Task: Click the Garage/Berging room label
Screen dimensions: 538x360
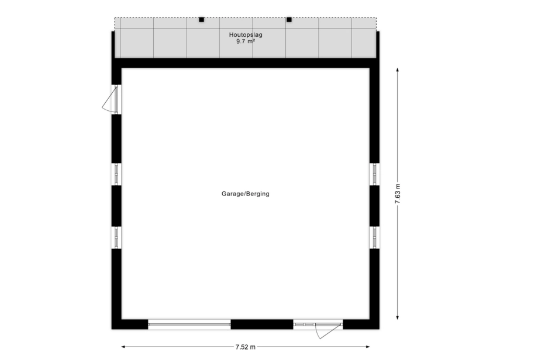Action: click(246, 194)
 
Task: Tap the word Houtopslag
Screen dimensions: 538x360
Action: click(246, 34)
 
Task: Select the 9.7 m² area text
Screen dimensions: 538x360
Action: click(246, 41)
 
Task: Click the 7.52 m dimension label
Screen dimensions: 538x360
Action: click(246, 347)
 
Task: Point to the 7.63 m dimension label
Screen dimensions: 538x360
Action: click(398, 194)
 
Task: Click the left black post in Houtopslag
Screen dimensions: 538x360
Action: click(201, 19)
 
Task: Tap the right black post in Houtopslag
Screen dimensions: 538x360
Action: click(289, 19)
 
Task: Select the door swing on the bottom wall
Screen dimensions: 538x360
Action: click(325, 331)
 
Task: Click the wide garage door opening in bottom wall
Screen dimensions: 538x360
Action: click(189, 324)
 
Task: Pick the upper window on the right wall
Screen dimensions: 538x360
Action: click(375, 174)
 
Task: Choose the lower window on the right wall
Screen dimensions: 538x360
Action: click(375, 237)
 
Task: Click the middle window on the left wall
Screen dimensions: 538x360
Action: click(116, 174)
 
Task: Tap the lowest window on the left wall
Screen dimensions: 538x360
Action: click(116, 237)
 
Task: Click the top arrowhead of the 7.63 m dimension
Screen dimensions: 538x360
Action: click(398, 70)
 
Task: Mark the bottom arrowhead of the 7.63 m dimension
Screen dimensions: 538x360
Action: click(398, 317)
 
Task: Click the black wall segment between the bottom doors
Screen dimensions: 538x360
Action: click(262, 324)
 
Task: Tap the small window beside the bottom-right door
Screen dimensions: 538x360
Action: click(305, 324)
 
